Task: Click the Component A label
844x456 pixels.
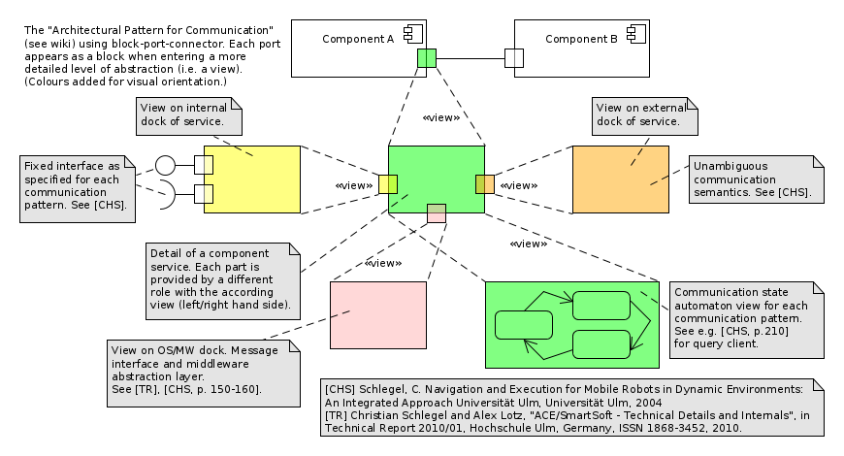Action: tap(358, 39)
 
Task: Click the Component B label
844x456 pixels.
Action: tap(581, 39)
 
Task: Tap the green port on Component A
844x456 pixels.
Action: tap(427, 58)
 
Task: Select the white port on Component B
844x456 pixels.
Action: tap(514, 58)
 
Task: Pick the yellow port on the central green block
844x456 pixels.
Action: tap(387, 184)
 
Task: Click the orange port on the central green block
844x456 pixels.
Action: tap(485, 184)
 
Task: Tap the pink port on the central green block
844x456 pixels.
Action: tap(437, 213)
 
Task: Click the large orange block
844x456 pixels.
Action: tap(620, 179)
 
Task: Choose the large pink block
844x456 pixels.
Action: tap(378, 315)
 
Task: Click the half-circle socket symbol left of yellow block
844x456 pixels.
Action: tap(166, 193)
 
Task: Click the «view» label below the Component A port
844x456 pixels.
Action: tap(440, 117)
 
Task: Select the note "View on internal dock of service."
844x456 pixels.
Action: tap(189, 115)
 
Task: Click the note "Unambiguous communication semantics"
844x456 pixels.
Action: tap(756, 179)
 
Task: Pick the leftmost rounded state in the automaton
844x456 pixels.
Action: tap(523, 324)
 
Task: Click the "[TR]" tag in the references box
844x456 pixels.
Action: tap(336, 413)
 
